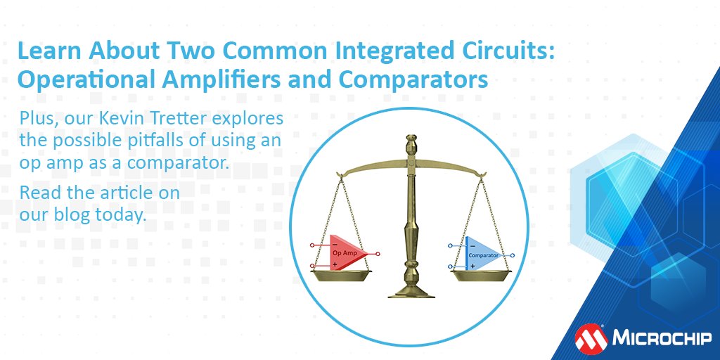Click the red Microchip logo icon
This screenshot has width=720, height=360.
pyautogui.click(x=590, y=338)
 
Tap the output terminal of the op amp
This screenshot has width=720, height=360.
pyautogui.click(x=378, y=255)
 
